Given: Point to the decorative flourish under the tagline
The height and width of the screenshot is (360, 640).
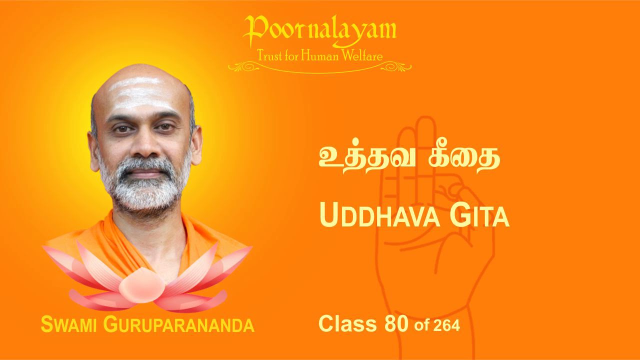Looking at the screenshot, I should click(x=319, y=67).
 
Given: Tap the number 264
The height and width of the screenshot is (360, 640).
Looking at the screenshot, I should click(x=446, y=325).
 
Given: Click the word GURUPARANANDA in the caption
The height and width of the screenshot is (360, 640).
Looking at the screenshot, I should click(x=178, y=325).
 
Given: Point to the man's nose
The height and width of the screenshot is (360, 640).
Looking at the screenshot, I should click(x=145, y=145).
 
